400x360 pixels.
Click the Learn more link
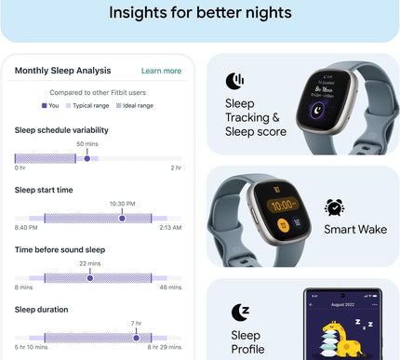pos(161,71)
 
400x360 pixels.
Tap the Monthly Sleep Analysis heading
pos(62,71)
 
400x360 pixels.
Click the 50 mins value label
pos(87,144)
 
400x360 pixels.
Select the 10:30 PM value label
pos(123,204)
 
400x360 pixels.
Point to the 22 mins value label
pos(90,263)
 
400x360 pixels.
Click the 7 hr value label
pos(135,323)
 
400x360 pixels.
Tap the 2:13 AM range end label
pos(169,227)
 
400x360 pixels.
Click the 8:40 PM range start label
pos(25,227)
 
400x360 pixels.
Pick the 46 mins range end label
pos(170,287)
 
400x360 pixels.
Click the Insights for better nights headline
pos(200,13)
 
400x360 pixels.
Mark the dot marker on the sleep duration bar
pos(135,337)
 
